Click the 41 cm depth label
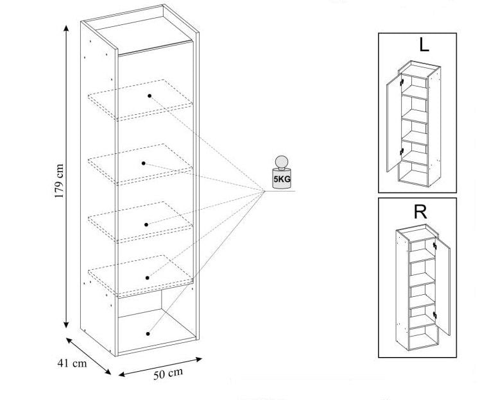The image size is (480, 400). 71,363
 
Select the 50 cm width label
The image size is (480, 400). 168,374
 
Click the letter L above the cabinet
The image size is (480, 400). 424,44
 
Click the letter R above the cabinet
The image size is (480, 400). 420,212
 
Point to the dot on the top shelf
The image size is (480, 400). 150,96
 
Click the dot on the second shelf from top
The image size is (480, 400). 144,163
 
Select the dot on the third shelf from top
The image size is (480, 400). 147,224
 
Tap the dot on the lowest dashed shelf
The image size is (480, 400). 148,278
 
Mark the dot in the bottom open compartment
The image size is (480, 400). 148,333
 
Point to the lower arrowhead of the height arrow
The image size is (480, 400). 66,323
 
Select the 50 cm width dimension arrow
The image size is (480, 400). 159,366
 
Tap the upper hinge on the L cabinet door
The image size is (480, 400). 401,82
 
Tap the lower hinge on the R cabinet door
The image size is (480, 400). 434,314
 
